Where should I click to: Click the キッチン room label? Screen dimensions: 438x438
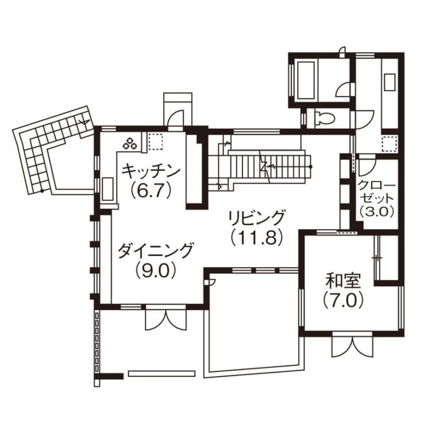151,171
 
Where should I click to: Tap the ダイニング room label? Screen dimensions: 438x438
155,250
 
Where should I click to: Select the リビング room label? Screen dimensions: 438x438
257,218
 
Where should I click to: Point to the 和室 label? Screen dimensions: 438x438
343,281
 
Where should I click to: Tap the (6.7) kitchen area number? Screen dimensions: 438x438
151,190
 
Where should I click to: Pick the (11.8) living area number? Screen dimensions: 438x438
257,238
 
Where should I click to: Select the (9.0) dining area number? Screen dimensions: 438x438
156,270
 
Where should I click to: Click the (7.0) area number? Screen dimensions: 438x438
343,301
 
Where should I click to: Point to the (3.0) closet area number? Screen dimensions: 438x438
377,212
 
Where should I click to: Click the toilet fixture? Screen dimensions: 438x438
323,117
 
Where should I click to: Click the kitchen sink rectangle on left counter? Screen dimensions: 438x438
108,189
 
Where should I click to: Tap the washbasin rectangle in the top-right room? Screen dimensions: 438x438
390,82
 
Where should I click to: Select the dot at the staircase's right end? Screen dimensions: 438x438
311,167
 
